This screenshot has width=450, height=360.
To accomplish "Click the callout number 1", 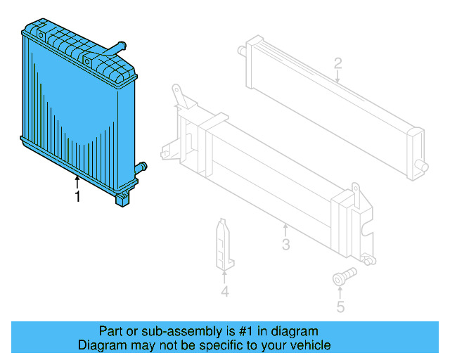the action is click(x=77, y=198).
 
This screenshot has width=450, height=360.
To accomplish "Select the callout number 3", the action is click(x=285, y=245).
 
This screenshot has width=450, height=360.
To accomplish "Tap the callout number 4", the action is click(x=224, y=291).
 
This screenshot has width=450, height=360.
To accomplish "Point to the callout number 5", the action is click(x=340, y=307).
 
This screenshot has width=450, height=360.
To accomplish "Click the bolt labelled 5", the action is click(x=342, y=277).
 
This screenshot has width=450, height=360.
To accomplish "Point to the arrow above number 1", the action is click(x=77, y=183).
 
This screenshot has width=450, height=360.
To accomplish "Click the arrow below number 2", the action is click(x=338, y=78).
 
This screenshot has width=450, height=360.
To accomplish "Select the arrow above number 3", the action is click(x=285, y=230).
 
